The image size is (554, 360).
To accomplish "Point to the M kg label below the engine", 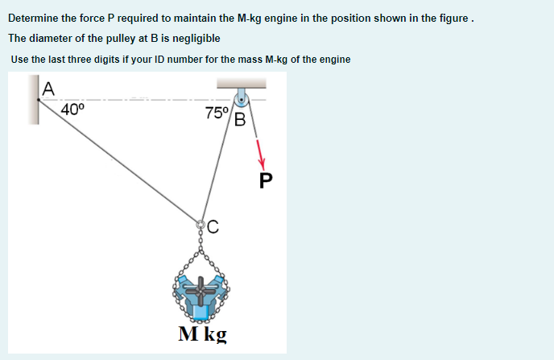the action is point(202,333).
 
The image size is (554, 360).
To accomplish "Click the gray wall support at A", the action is point(35,100).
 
